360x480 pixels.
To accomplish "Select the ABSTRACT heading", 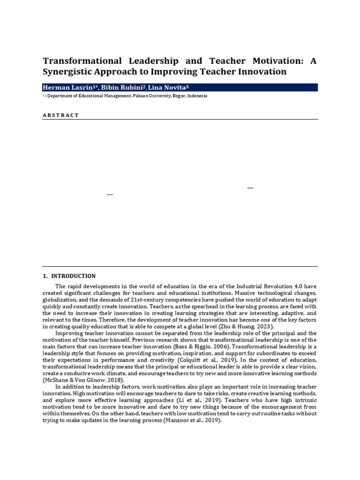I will tap(61, 115).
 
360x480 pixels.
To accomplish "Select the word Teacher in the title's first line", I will tap(211, 61).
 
